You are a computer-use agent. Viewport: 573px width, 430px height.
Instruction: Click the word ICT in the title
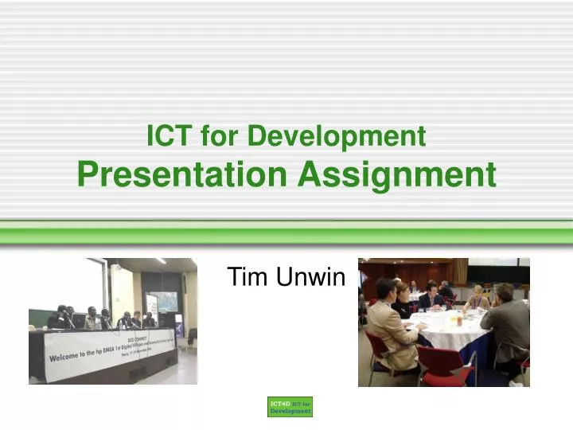coord(170,136)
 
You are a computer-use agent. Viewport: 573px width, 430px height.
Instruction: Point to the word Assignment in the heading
coord(397,174)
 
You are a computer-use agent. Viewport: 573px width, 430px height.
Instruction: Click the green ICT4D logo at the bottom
coord(290,407)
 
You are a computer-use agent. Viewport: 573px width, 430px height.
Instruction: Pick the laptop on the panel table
coord(80,322)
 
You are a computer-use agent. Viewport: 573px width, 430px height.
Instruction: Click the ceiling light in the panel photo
coord(160,260)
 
